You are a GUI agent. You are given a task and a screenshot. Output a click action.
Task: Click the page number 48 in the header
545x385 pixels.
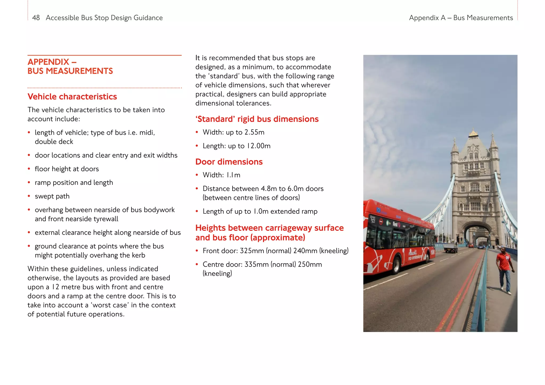point(36,18)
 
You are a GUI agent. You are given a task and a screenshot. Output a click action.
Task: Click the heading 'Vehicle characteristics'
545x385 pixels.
point(72,97)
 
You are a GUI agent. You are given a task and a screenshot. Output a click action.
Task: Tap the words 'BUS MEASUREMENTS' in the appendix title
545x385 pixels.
point(70,71)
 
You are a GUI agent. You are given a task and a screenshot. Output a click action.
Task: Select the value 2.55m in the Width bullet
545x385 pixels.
point(254,132)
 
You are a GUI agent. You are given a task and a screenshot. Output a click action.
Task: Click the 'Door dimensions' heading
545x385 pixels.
point(229,162)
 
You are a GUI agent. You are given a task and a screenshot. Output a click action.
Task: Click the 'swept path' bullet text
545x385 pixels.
point(52,196)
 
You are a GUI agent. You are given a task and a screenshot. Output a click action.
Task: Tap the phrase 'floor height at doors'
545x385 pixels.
point(67,169)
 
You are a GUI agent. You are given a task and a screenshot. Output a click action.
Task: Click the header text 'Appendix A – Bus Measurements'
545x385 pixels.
point(461,18)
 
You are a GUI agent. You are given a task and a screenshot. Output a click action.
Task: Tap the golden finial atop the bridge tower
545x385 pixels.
point(473,132)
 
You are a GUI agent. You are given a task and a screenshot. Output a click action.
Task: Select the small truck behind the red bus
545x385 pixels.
point(451,247)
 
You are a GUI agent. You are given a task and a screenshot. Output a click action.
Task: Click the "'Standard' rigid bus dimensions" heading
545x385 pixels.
point(257,119)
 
